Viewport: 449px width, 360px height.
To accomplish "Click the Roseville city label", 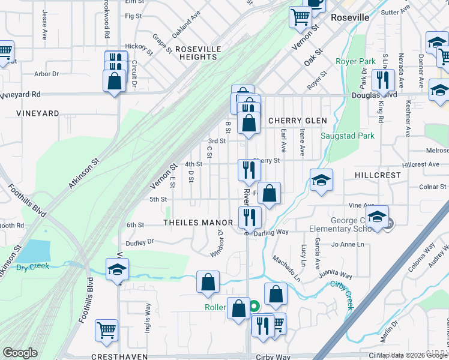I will tap(351, 17).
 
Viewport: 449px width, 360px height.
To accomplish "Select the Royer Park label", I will tap(355, 61).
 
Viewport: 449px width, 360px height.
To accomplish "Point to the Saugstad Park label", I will tap(348, 136).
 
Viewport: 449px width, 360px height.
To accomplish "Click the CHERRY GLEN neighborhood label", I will tap(297, 121).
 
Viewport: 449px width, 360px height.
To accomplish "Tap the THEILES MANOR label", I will tap(197, 223).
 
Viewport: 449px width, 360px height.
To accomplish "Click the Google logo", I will tap(20, 353).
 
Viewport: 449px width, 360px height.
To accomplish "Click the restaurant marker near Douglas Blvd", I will tap(382, 80).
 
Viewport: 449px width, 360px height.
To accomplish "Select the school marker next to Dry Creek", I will tap(117, 269).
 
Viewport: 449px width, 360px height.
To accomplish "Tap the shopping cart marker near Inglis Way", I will tap(106, 329).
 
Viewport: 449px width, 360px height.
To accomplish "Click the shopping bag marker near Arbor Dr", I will tap(114, 80).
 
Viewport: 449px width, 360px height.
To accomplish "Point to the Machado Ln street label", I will tap(286, 268).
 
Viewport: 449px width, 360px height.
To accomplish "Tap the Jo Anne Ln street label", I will tap(348, 244).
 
